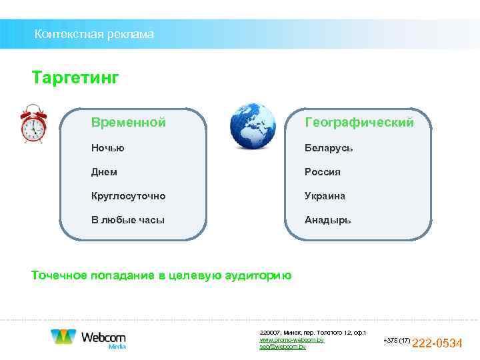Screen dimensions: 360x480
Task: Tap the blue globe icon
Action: coord(253,126)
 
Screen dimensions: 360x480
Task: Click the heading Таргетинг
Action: coord(75,79)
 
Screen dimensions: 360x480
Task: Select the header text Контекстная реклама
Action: coord(94,34)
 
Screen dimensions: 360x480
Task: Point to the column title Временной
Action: coord(129,123)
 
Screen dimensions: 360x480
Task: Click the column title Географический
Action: coord(359,123)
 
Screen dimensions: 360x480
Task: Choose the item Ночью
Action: coord(108,148)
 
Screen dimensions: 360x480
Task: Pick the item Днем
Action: coord(105,172)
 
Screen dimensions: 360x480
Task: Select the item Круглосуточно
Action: coord(129,196)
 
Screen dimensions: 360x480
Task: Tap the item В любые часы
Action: coord(128,220)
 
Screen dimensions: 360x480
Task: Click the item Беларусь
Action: coord(329,148)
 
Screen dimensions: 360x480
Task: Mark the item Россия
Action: coord(323,172)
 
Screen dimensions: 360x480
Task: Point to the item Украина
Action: coord(325,196)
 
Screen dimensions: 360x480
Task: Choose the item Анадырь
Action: coord(328,220)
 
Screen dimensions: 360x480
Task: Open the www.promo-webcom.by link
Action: coord(291,340)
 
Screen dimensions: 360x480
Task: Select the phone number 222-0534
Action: coord(437,343)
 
